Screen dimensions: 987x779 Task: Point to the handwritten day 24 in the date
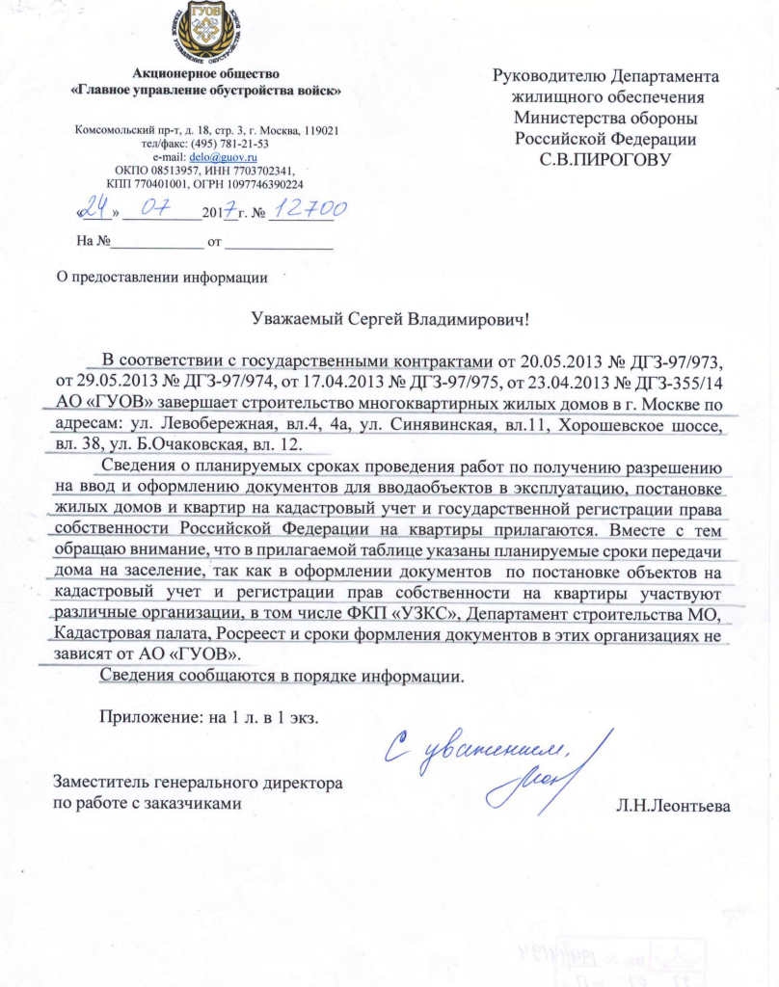pos(94,208)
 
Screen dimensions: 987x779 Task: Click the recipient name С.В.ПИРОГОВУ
pos(605,157)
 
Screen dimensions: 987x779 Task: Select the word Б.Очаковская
pos(210,444)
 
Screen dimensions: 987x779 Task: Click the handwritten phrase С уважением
pos(460,752)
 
